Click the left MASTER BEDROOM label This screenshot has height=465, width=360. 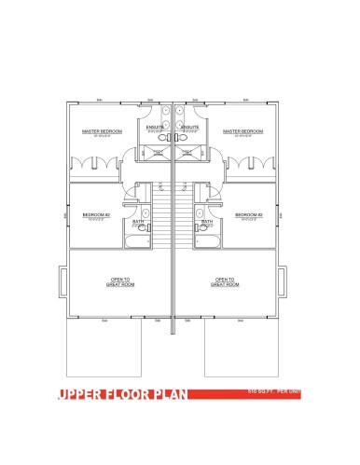click(x=103, y=131)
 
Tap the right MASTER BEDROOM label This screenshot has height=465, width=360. click(x=242, y=131)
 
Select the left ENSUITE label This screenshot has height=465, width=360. click(x=155, y=127)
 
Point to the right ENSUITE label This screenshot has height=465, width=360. click(x=190, y=127)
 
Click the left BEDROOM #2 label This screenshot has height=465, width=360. click(x=97, y=214)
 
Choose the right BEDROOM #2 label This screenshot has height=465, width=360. click(x=248, y=214)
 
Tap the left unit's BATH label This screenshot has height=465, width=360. click(x=139, y=222)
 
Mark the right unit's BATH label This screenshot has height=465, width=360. click(x=206, y=222)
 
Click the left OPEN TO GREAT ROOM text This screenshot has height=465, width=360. click(x=121, y=281)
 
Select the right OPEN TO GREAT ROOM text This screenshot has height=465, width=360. click(x=224, y=281)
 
